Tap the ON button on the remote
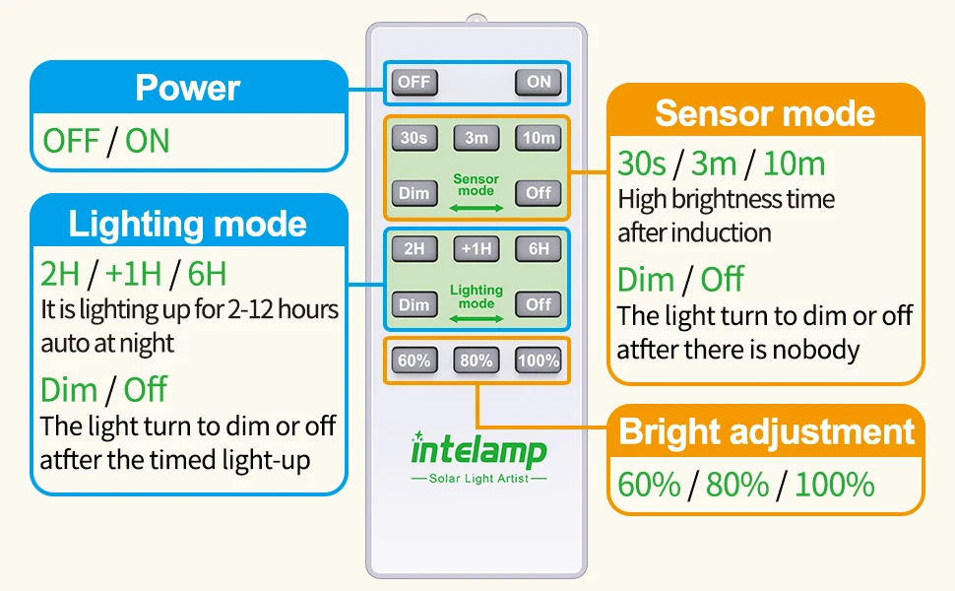539,83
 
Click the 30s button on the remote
414,138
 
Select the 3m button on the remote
477,138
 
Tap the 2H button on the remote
414,248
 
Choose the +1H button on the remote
477,248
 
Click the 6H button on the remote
539,248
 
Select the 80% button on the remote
477,361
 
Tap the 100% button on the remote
539,361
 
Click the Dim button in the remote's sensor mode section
414,194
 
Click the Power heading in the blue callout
188,88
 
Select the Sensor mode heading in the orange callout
765,113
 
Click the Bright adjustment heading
767,432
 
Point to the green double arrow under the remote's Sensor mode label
477,209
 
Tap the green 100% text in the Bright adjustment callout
835,485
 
